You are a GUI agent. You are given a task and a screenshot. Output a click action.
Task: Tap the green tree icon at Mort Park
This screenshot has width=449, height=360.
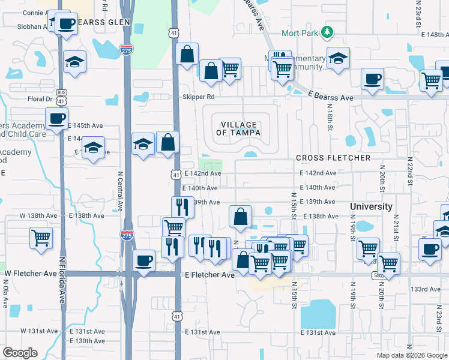click(x=327, y=31)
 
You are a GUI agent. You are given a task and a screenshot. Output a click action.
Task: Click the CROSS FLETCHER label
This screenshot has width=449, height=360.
click(x=333, y=158)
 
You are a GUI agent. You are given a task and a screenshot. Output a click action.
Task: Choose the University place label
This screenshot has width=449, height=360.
click(x=372, y=206)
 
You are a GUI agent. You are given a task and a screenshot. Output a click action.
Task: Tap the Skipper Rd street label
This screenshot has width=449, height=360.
click(x=199, y=97)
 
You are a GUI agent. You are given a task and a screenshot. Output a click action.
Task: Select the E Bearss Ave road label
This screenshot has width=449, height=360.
click(x=331, y=97)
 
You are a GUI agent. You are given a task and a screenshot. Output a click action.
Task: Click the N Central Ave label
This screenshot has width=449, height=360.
click(x=120, y=191)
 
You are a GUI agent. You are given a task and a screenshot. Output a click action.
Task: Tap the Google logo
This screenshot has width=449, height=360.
click(x=20, y=353)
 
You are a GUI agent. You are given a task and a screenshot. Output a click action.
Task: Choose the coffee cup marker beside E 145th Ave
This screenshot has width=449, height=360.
click(x=56, y=118)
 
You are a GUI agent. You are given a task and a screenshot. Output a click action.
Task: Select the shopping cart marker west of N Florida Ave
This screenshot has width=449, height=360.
click(x=41, y=236)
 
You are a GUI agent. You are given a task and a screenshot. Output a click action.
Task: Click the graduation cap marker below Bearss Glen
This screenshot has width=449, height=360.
click(x=74, y=62)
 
